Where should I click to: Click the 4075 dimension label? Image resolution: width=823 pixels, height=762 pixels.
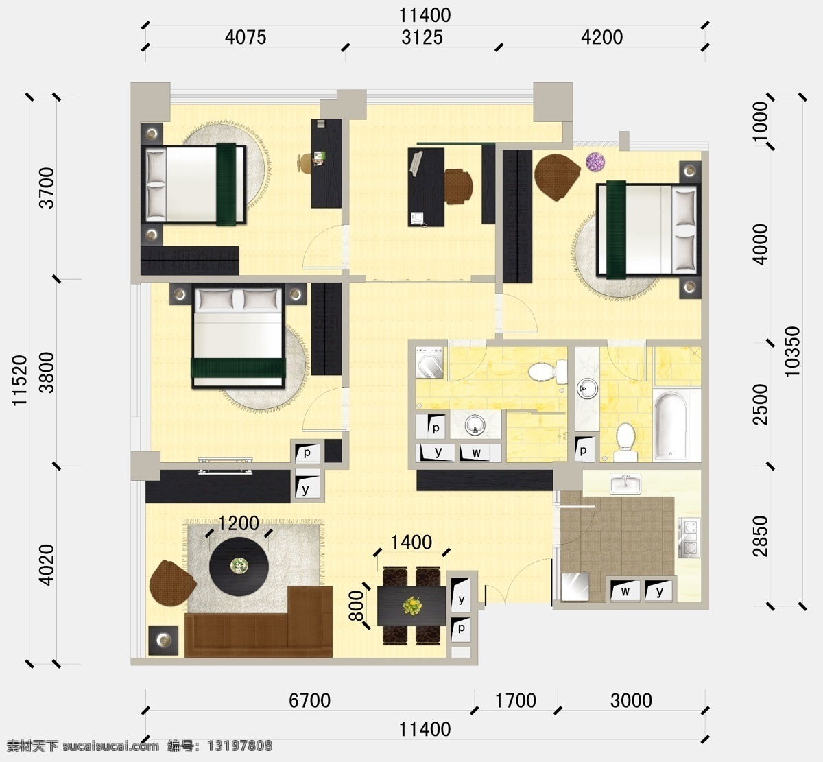pyautogui.click(x=246, y=37)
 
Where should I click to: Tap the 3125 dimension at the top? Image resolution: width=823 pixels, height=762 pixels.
pyautogui.click(x=422, y=37)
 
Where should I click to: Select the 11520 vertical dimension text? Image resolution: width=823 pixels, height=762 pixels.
pyautogui.click(x=20, y=380)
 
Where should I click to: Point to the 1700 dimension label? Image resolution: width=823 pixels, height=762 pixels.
pyautogui.click(x=516, y=701)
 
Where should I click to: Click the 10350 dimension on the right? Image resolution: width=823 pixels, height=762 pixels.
pyautogui.click(x=792, y=351)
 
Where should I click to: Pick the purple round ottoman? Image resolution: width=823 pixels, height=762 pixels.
pyautogui.click(x=595, y=162)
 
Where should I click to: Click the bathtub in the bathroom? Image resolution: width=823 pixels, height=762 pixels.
pyautogui.click(x=671, y=426)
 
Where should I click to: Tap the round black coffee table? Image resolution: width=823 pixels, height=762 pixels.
pyautogui.click(x=239, y=567)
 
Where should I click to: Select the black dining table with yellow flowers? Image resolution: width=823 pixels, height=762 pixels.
pyautogui.click(x=411, y=606)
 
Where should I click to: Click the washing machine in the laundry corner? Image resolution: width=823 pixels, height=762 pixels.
pyautogui.click(x=430, y=363)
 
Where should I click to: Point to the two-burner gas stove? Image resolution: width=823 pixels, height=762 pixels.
pyautogui.click(x=689, y=537)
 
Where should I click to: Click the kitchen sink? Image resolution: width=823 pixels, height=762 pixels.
pyautogui.click(x=625, y=484)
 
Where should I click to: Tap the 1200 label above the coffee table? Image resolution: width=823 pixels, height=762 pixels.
pyautogui.click(x=238, y=523)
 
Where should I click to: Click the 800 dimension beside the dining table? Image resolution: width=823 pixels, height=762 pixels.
pyautogui.click(x=356, y=606)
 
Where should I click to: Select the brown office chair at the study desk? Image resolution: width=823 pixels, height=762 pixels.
pyautogui.click(x=459, y=186)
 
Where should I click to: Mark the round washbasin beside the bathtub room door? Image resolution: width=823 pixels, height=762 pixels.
pyautogui.click(x=587, y=388)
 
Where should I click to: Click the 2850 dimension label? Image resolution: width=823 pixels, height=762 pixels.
pyautogui.click(x=761, y=536)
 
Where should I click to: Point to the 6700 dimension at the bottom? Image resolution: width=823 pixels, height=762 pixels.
pyautogui.click(x=309, y=701)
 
